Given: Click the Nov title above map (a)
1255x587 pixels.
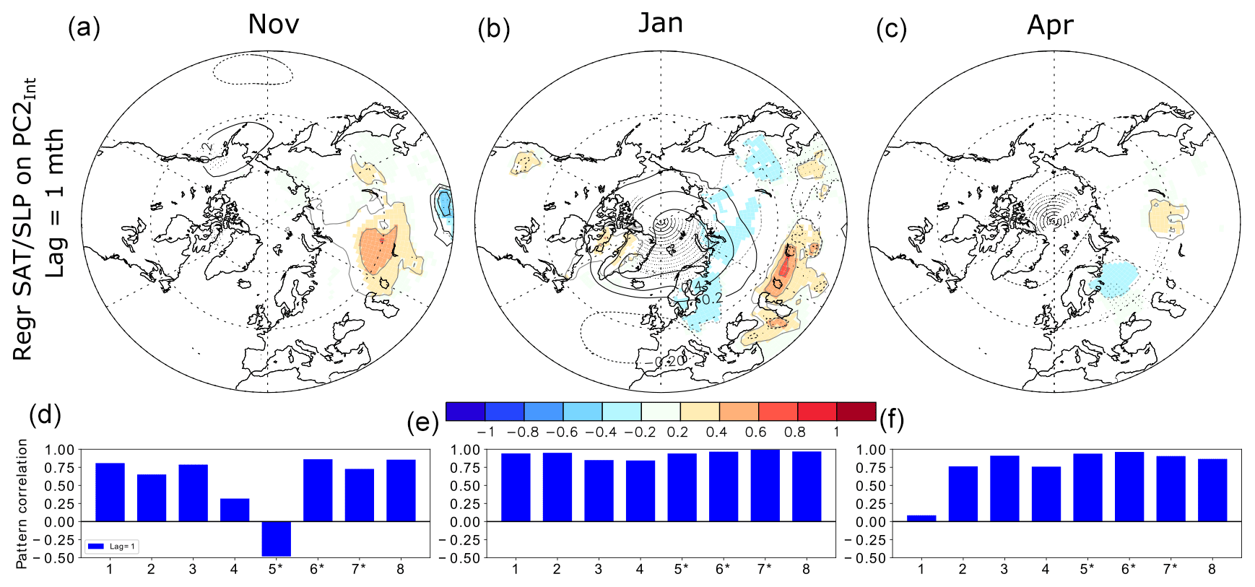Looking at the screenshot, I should [x=273, y=25].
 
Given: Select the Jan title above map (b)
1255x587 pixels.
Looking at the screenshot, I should [x=661, y=23].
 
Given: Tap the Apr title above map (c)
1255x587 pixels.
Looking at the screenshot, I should [x=1050, y=25].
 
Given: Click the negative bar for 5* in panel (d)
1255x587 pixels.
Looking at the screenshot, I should [x=276, y=539].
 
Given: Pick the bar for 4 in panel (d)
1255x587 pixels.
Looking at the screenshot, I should [x=235, y=510].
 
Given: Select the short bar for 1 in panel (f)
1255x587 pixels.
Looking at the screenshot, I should [x=921, y=518].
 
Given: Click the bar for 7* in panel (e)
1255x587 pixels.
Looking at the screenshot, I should [x=765, y=485].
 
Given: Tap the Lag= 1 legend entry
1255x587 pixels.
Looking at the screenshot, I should [x=112, y=547].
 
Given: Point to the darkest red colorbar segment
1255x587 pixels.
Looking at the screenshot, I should [x=856, y=412].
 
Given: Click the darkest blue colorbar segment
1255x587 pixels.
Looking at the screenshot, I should [x=466, y=412].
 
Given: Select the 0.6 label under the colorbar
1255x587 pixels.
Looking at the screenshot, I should [x=755, y=432].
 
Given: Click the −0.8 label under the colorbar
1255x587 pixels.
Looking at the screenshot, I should [x=522, y=432].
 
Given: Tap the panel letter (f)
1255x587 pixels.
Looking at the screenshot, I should [x=893, y=419].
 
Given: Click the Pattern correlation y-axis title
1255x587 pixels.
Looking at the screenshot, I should [x=22, y=503].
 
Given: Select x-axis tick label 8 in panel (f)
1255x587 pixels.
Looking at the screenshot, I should [x=1212, y=569].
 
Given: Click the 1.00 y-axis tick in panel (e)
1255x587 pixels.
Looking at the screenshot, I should [x=465, y=450].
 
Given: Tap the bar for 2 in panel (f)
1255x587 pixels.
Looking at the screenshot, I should [x=963, y=493].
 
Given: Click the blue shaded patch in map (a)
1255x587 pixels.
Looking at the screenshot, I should [x=443, y=202].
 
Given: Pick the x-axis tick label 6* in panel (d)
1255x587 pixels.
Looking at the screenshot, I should [x=317, y=569].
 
